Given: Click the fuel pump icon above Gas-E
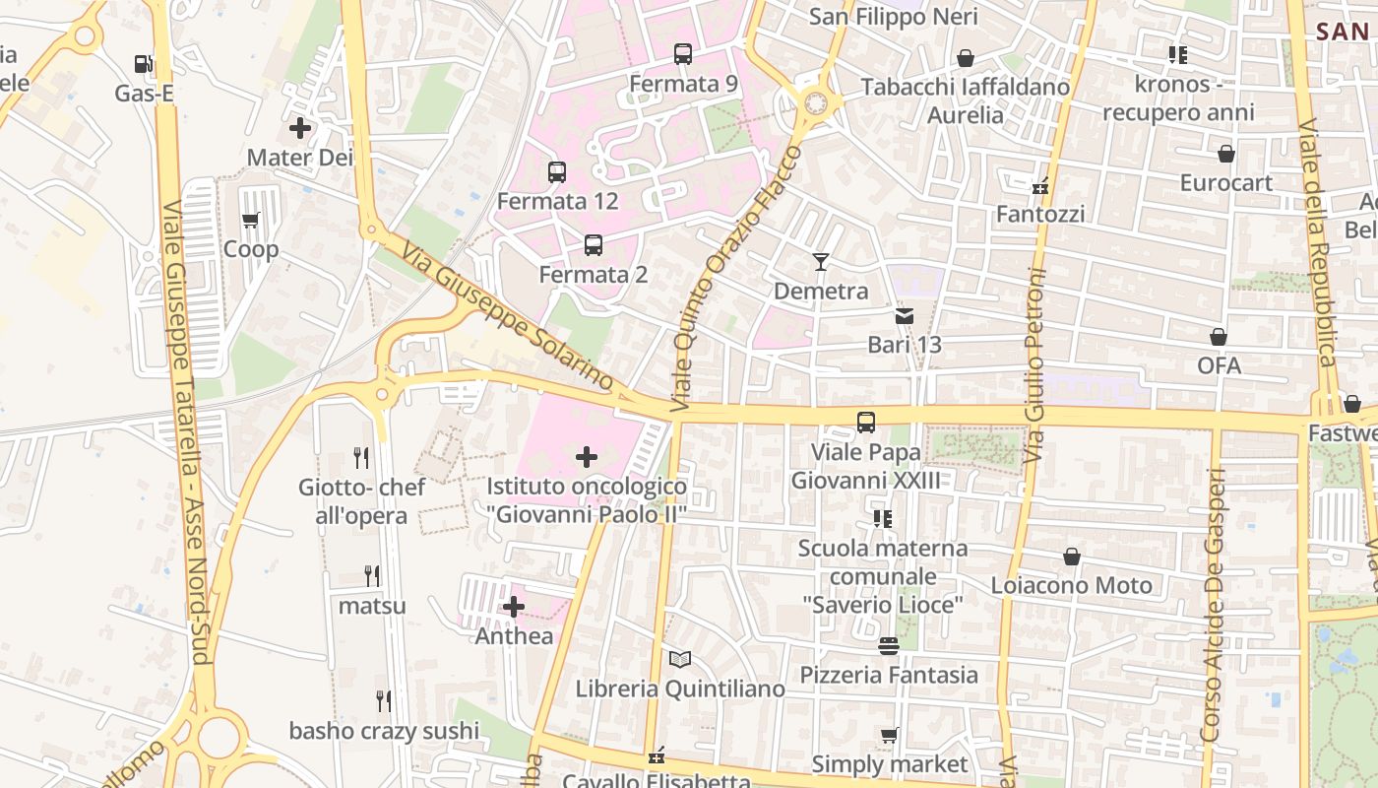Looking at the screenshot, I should [x=143, y=65].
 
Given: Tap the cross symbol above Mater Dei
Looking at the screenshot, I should [x=300, y=128].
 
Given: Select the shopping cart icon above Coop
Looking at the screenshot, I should [x=250, y=221].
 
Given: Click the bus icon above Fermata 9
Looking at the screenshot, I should [x=683, y=54].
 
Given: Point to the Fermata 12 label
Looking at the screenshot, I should [x=557, y=201].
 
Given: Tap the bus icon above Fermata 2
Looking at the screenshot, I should [x=594, y=245].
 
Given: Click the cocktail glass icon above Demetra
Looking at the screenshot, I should [x=821, y=261].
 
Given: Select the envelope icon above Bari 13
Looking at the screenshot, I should [x=905, y=316].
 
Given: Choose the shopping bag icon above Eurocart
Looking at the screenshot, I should [x=1226, y=154].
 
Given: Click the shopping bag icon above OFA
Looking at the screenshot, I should [x=1219, y=337].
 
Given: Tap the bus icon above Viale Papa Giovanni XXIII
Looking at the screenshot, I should [x=866, y=423].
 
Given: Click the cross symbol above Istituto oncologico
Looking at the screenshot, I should [x=587, y=457].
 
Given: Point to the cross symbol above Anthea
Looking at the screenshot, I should [x=514, y=607].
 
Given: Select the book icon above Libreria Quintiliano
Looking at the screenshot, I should [x=680, y=659].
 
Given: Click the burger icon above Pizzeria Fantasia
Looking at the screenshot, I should [x=889, y=646].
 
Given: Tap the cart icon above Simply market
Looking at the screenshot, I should [x=890, y=735].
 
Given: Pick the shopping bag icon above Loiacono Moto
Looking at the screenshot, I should [x=1072, y=557].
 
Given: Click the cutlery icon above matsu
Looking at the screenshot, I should [x=372, y=575].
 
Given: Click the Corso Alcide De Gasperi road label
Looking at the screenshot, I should [x=1214, y=605].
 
